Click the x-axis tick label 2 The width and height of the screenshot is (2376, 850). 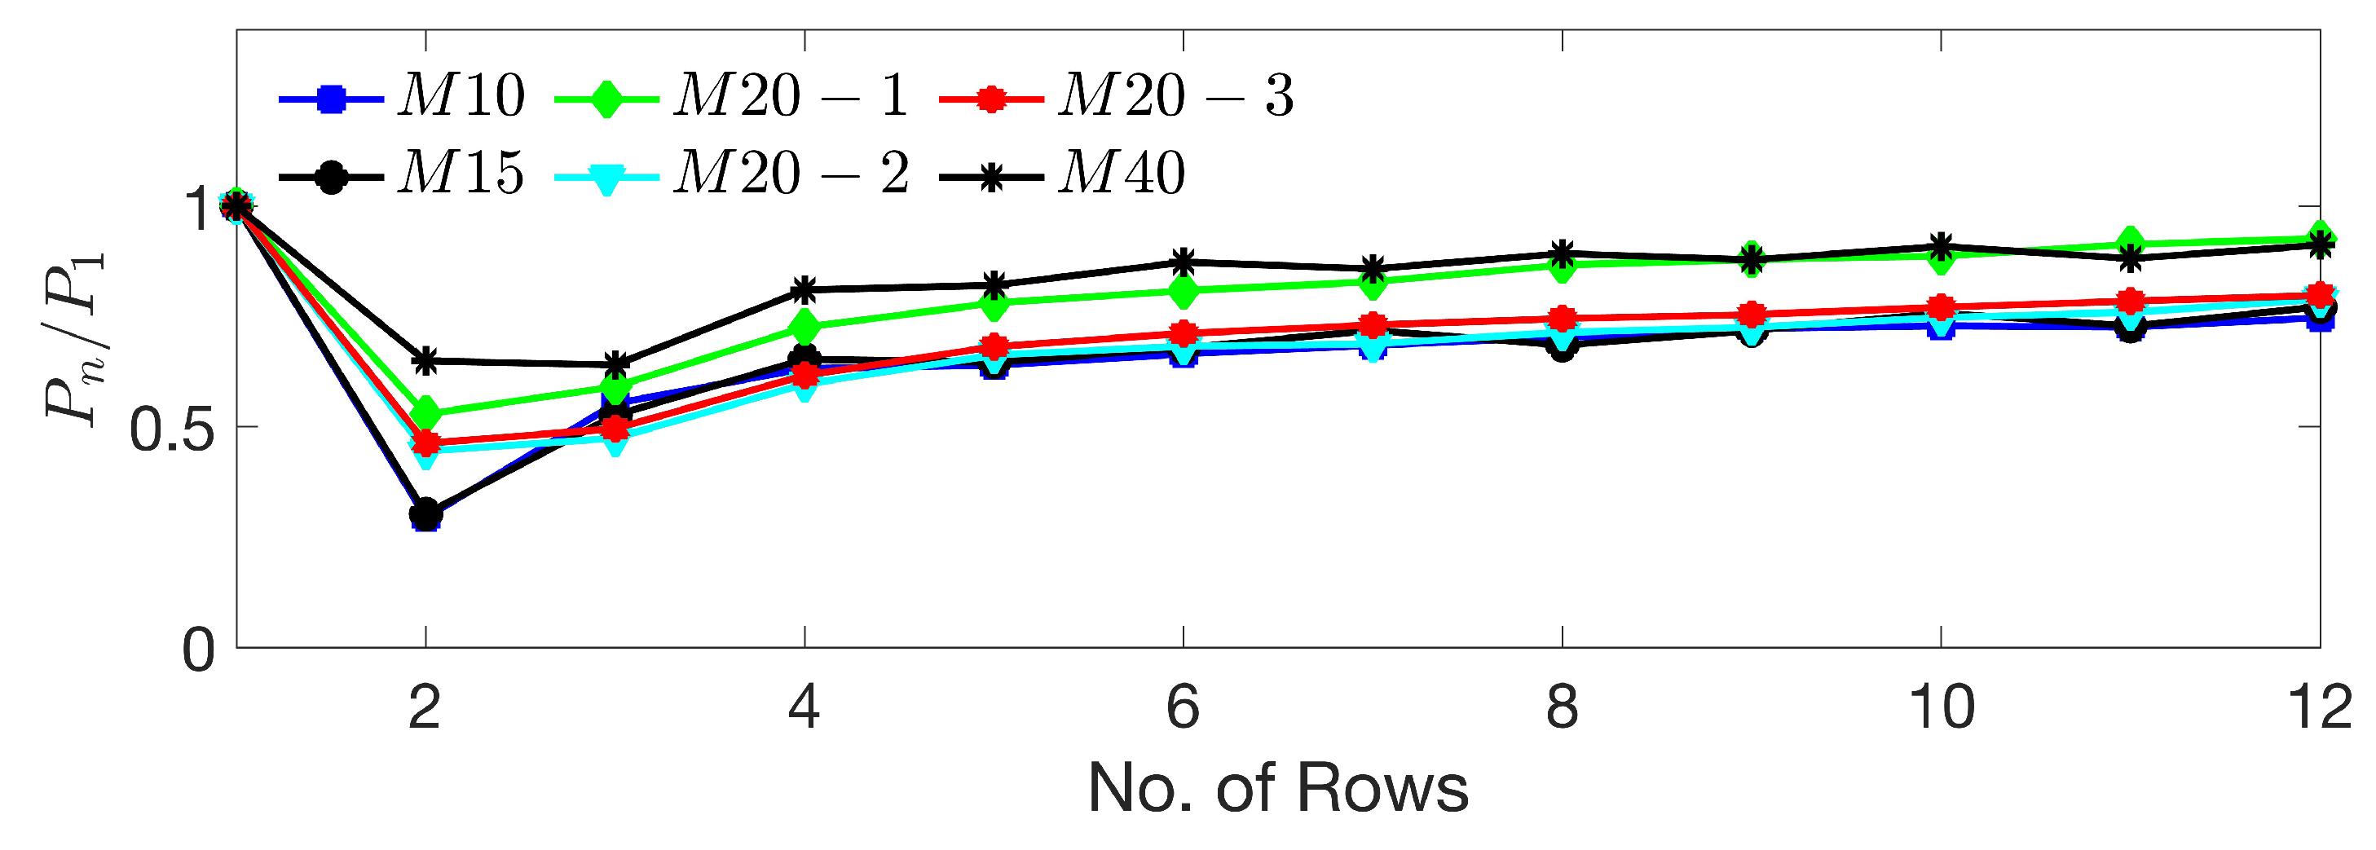tap(425, 708)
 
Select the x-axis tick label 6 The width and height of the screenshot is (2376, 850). tap(1183, 708)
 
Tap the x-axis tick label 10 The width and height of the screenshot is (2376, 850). tap(1941, 708)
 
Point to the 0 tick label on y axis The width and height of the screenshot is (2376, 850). tap(198, 651)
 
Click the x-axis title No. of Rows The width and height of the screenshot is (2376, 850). tap(1277, 789)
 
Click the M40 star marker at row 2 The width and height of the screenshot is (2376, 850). tap(425, 360)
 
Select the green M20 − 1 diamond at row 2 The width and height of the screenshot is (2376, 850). tap(425, 413)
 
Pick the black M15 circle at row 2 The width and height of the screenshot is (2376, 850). tap(425, 514)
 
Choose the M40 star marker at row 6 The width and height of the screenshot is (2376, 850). tap(1184, 261)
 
